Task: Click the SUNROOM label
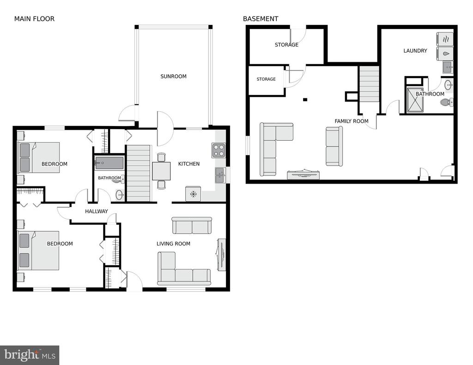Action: tap(174, 77)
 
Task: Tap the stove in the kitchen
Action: tap(218, 150)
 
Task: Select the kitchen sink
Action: tap(220, 175)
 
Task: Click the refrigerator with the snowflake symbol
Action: tap(193, 194)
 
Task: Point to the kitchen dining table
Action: tap(161, 171)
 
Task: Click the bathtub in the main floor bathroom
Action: tap(109, 163)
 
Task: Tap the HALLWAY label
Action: tap(97, 212)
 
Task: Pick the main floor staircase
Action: tap(138, 173)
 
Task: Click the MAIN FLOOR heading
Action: tap(34, 19)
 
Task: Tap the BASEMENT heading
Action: tap(261, 19)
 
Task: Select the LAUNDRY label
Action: tap(415, 51)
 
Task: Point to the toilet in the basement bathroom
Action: tap(447, 102)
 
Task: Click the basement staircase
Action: tap(369, 84)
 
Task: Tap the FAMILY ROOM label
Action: tap(352, 121)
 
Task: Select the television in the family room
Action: tap(304, 174)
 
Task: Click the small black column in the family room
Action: tap(305, 100)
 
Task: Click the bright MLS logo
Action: tap(30, 355)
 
